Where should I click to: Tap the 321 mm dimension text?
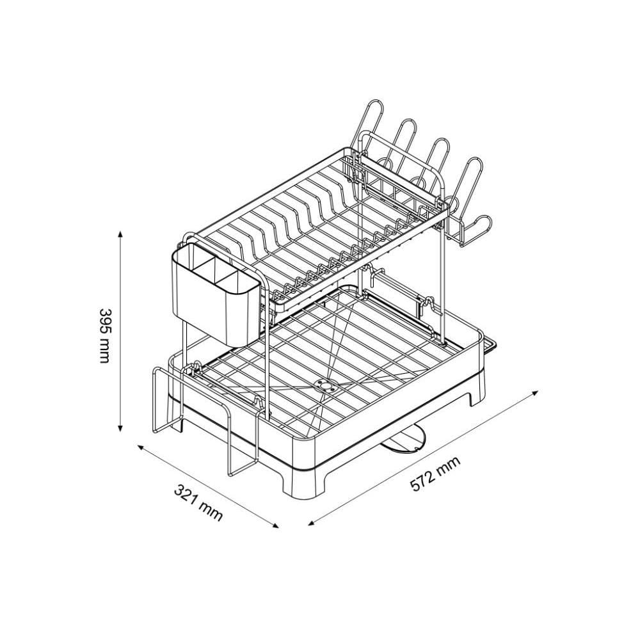click(199, 502)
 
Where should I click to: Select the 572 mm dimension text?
click(435, 474)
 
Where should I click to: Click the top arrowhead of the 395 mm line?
click(120, 234)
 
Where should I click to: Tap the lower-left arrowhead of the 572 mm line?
click(312, 523)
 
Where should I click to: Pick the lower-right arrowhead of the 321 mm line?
click(275, 525)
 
